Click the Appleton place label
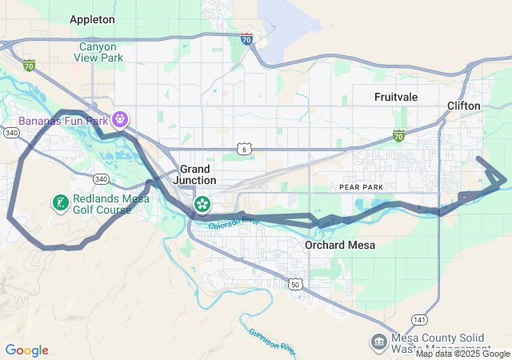click(92, 18)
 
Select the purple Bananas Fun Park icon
click(121, 120)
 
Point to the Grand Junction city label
click(195, 174)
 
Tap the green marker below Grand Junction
click(202, 205)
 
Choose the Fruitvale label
click(396, 97)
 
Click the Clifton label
click(464, 106)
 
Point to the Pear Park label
click(362, 186)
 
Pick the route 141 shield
click(421, 319)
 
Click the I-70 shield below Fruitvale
click(398, 135)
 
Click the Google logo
click(26, 350)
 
